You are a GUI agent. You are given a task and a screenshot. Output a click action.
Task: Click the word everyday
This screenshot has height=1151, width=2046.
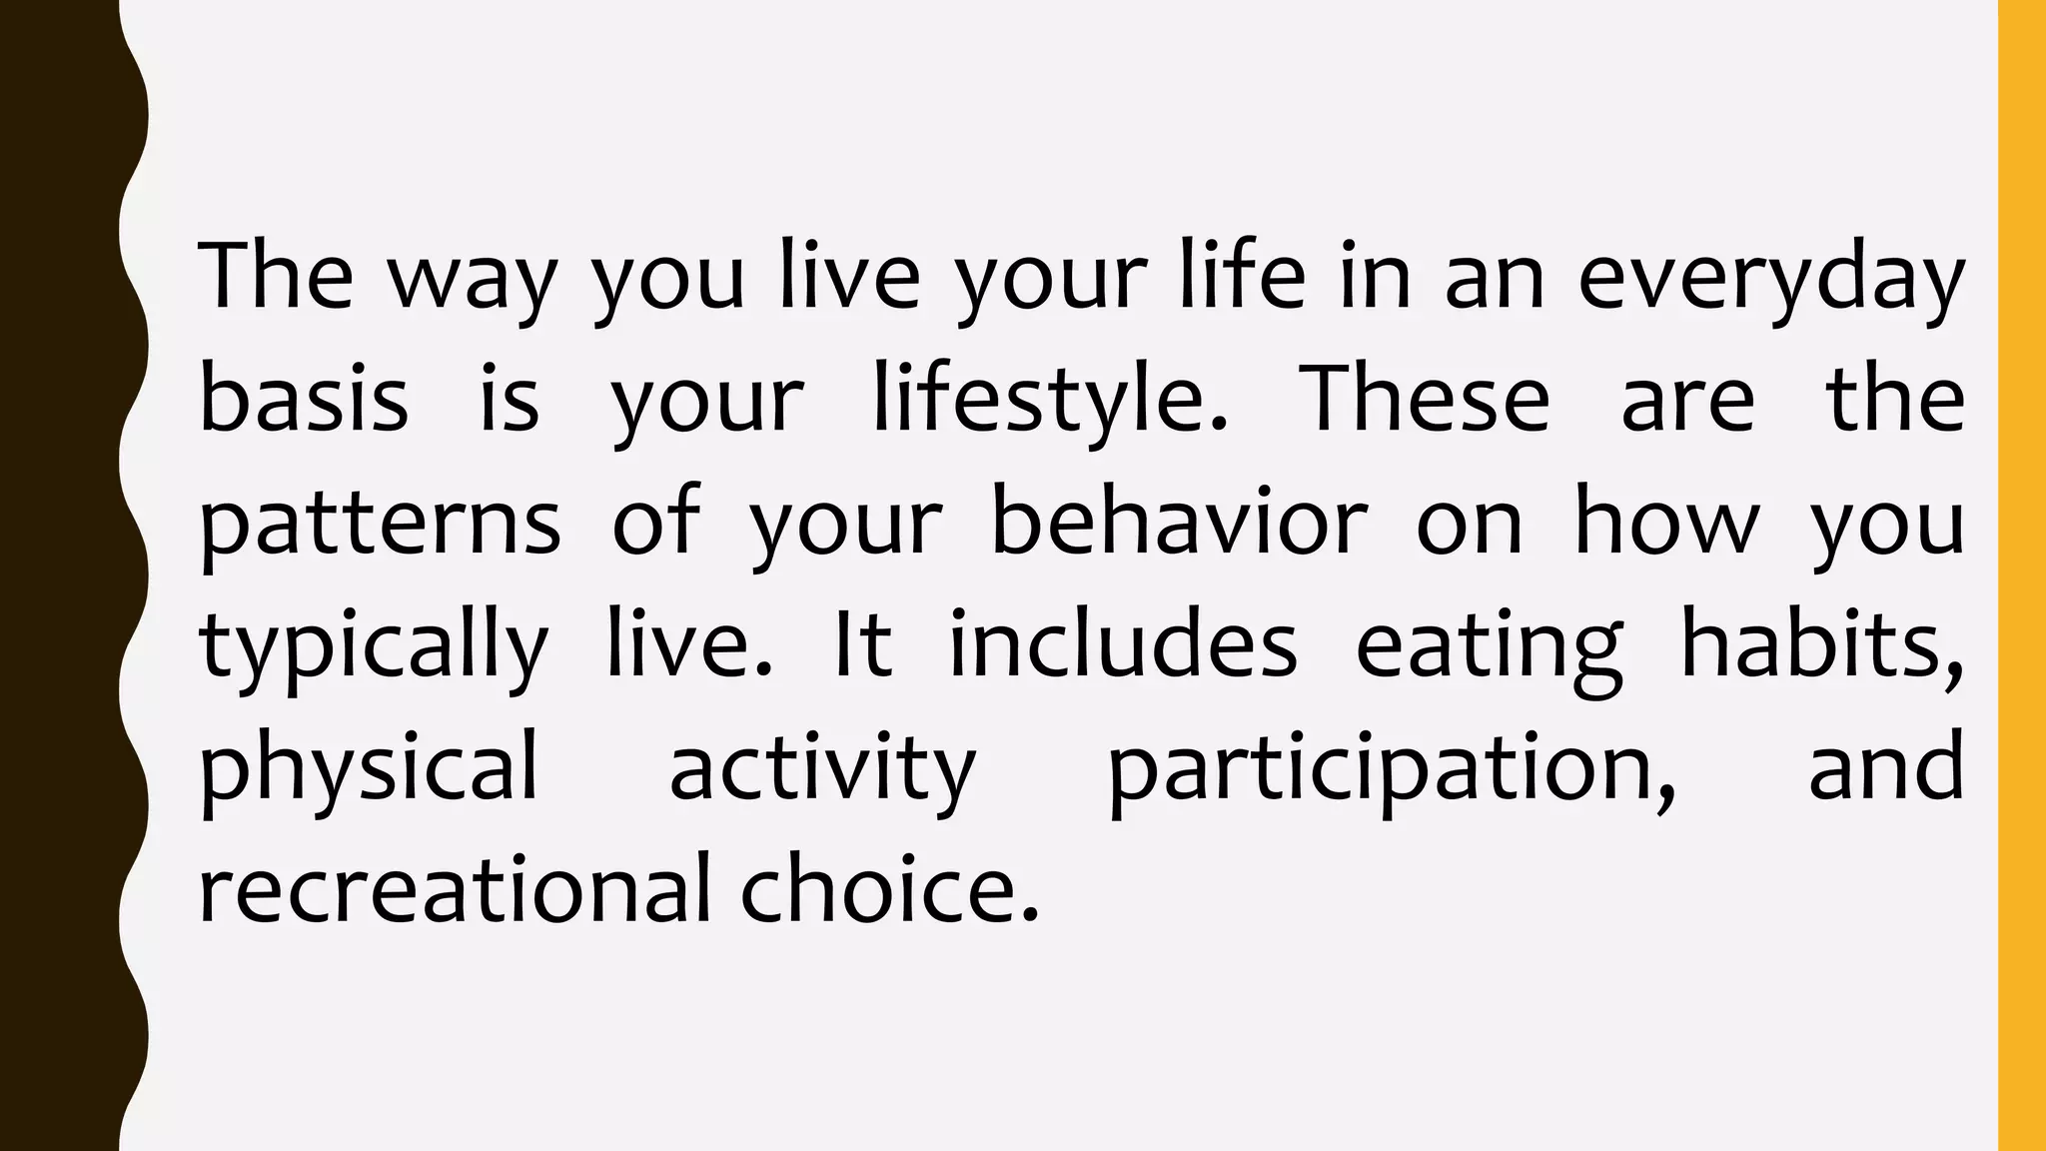[1770, 278]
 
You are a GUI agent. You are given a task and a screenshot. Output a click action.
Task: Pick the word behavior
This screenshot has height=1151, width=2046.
[1179, 522]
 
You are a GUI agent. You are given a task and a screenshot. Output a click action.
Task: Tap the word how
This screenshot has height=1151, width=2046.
[1665, 522]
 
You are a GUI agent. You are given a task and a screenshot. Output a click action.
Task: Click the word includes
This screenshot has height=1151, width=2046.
[1122, 644]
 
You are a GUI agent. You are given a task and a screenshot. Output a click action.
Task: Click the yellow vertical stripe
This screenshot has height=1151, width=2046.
[2021, 575]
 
